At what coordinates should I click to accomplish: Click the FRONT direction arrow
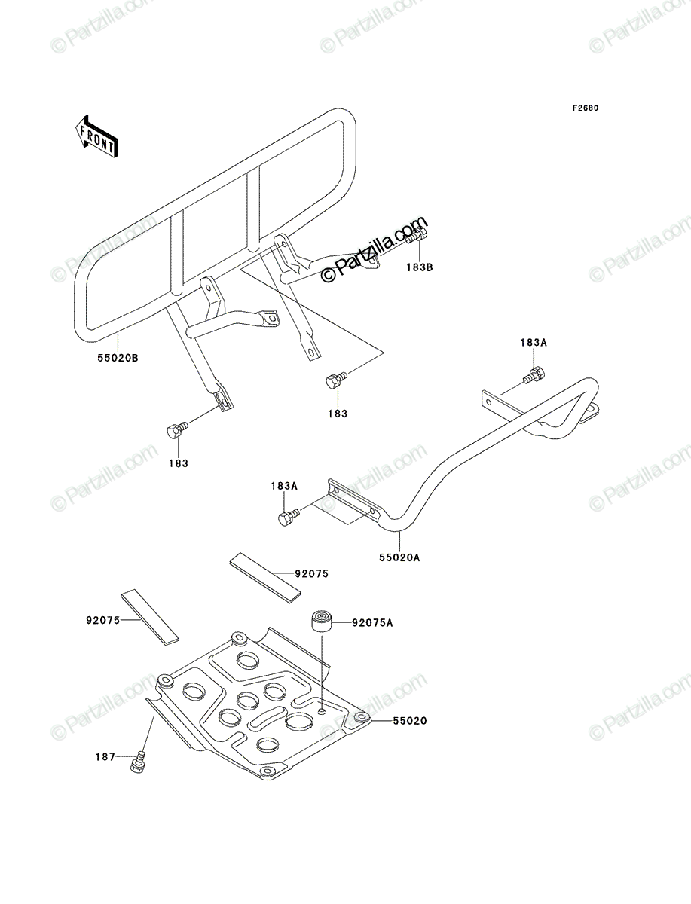96,136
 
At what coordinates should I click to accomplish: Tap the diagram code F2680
586,108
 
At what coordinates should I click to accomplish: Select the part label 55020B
118,358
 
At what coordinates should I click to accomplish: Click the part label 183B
420,267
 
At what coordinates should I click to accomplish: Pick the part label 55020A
399,557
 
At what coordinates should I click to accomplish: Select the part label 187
105,756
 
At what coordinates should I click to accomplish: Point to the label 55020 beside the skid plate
410,721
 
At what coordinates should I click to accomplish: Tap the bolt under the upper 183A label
534,375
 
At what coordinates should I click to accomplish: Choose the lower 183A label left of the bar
284,486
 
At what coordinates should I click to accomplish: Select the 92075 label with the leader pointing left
312,573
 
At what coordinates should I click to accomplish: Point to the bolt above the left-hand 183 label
177,429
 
